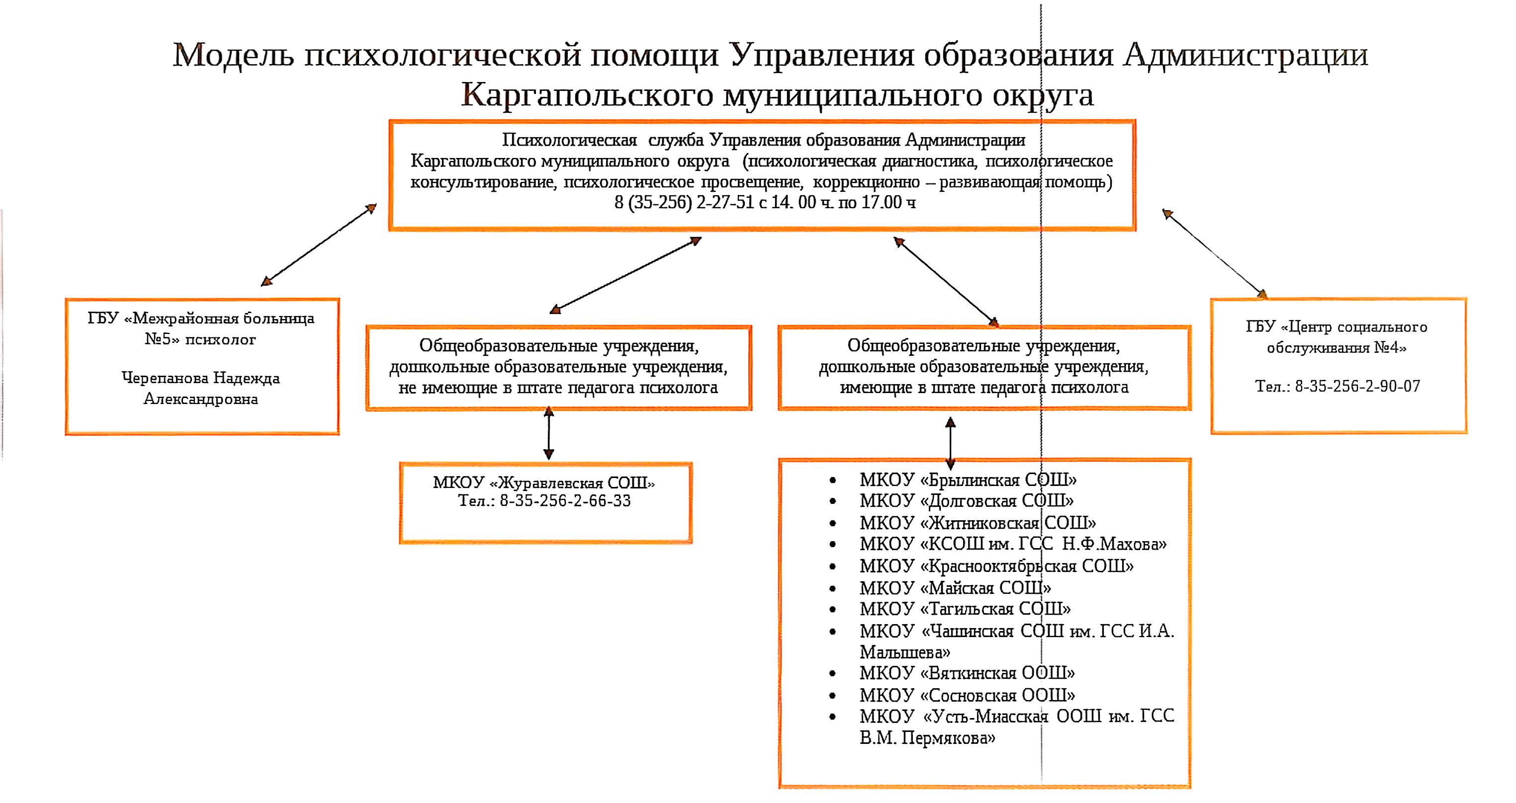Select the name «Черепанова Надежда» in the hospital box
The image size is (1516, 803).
coord(201,378)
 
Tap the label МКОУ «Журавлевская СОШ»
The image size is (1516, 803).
coord(544,483)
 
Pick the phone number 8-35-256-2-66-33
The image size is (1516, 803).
coord(565,501)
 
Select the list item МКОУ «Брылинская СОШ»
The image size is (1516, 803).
coord(968,480)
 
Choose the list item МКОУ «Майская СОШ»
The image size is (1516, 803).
coord(955,588)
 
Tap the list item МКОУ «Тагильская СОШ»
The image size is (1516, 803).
coord(965,609)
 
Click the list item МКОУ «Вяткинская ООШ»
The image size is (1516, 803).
coord(967,673)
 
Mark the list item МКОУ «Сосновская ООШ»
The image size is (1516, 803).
coord(967,695)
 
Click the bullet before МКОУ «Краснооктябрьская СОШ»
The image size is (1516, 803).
coord(832,566)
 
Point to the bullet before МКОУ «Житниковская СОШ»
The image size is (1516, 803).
coord(832,523)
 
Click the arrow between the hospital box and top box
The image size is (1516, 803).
coord(318,245)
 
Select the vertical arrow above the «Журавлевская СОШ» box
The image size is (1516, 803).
coord(548,433)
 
